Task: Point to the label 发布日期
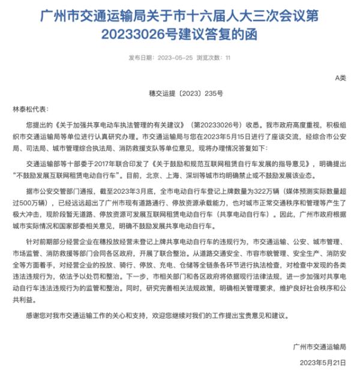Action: tap(141, 58)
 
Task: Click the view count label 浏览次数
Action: tap(208, 58)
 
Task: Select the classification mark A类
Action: tap(340, 79)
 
